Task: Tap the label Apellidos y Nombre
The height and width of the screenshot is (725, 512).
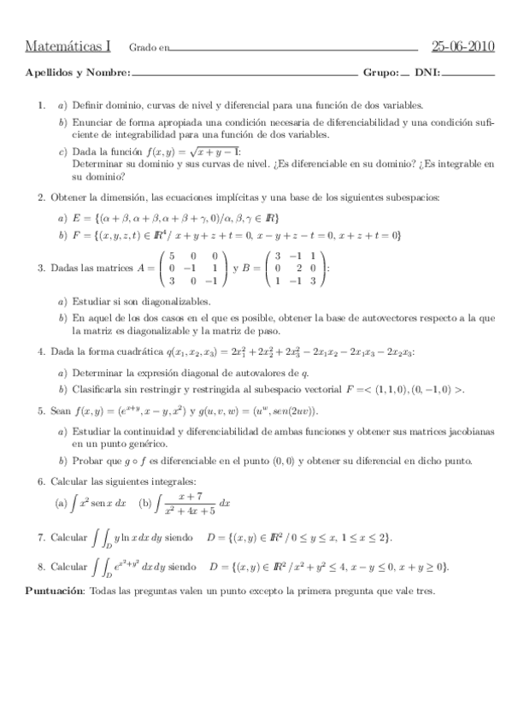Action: [78, 73]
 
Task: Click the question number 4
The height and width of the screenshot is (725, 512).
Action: [40, 351]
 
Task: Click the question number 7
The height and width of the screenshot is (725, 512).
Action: [40, 538]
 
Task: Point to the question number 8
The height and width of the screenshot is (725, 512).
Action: [40, 567]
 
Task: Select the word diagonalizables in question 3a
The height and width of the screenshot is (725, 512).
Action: [183, 302]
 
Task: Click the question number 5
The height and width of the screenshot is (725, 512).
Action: [40, 410]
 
